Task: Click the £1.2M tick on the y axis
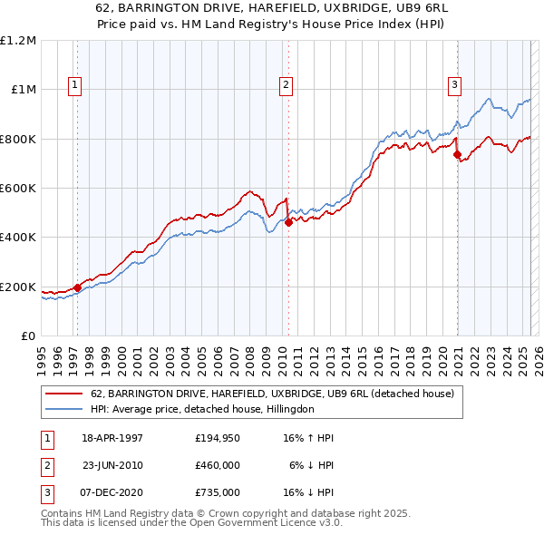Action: [18, 40]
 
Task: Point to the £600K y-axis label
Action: [18, 188]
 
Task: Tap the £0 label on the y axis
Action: [28, 336]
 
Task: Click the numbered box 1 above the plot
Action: [74, 85]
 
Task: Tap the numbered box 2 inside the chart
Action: [286, 85]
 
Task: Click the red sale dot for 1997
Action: [77, 287]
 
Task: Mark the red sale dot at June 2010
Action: [288, 222]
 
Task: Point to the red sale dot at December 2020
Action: [457, 154]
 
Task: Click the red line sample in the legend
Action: [63, 394]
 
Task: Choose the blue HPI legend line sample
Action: [63, 409]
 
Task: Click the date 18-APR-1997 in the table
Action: [112, 438]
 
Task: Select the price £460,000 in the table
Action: [218, 465]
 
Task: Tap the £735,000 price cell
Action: [218, 492]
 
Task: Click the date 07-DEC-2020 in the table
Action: [112, 492]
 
